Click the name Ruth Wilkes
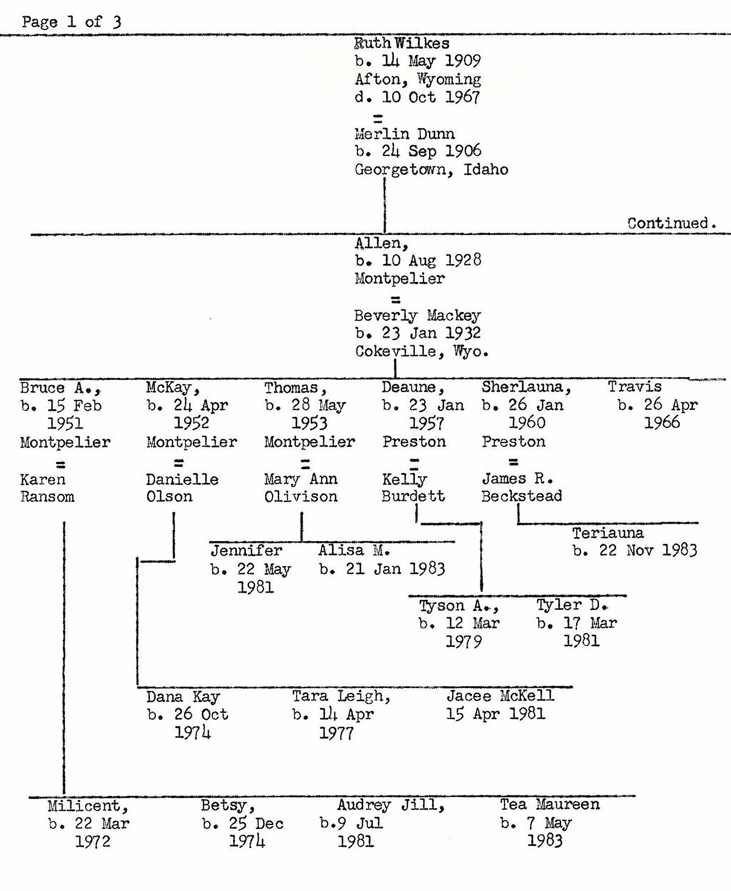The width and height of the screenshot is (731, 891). click(402, 43)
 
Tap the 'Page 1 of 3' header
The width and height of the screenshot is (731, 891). click(71, 21)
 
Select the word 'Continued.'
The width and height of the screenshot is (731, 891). click(671, 223)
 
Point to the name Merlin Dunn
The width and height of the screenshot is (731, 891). click(404, 133)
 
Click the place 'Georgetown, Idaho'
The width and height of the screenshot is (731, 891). click(431, 170)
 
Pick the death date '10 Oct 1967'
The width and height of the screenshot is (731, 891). click(431, 97)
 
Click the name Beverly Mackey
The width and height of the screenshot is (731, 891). click(417, 315)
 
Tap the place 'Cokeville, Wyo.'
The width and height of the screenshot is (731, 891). click(421, 351)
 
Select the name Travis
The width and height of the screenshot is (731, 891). click(634, 387)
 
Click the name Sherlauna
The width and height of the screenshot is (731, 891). click(526, 387)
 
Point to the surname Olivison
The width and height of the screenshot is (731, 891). click(301, 497)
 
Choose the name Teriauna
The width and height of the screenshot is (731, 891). click(608, 533)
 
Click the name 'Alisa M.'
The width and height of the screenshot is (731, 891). click(354, 551)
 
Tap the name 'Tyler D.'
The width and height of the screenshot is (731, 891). click(572, 605)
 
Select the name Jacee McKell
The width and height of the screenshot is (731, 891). click(500, 696)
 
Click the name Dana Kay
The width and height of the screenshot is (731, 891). click(183, 697)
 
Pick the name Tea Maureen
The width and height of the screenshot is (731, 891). click(549, 805)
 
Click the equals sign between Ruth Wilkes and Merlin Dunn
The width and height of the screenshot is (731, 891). click(378, 119)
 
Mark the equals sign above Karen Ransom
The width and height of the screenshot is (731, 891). click(60, 465)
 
